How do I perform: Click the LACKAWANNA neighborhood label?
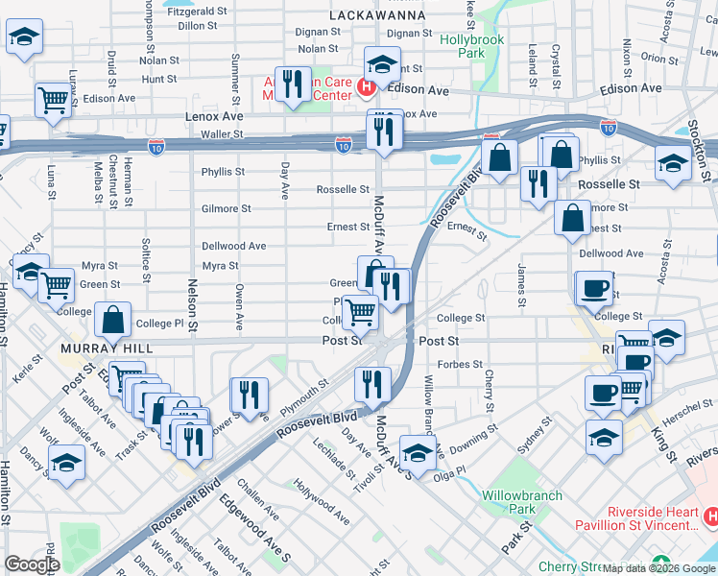[x=376, y=16]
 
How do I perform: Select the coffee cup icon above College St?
[x=595, y=289]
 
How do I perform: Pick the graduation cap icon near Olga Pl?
[x=418, y=454]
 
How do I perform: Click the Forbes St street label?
[x=460, y=365]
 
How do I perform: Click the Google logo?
[x=32, y=564]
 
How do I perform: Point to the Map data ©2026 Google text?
[x=658, y=568]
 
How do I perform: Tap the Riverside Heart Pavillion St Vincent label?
[x=636, y=517]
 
